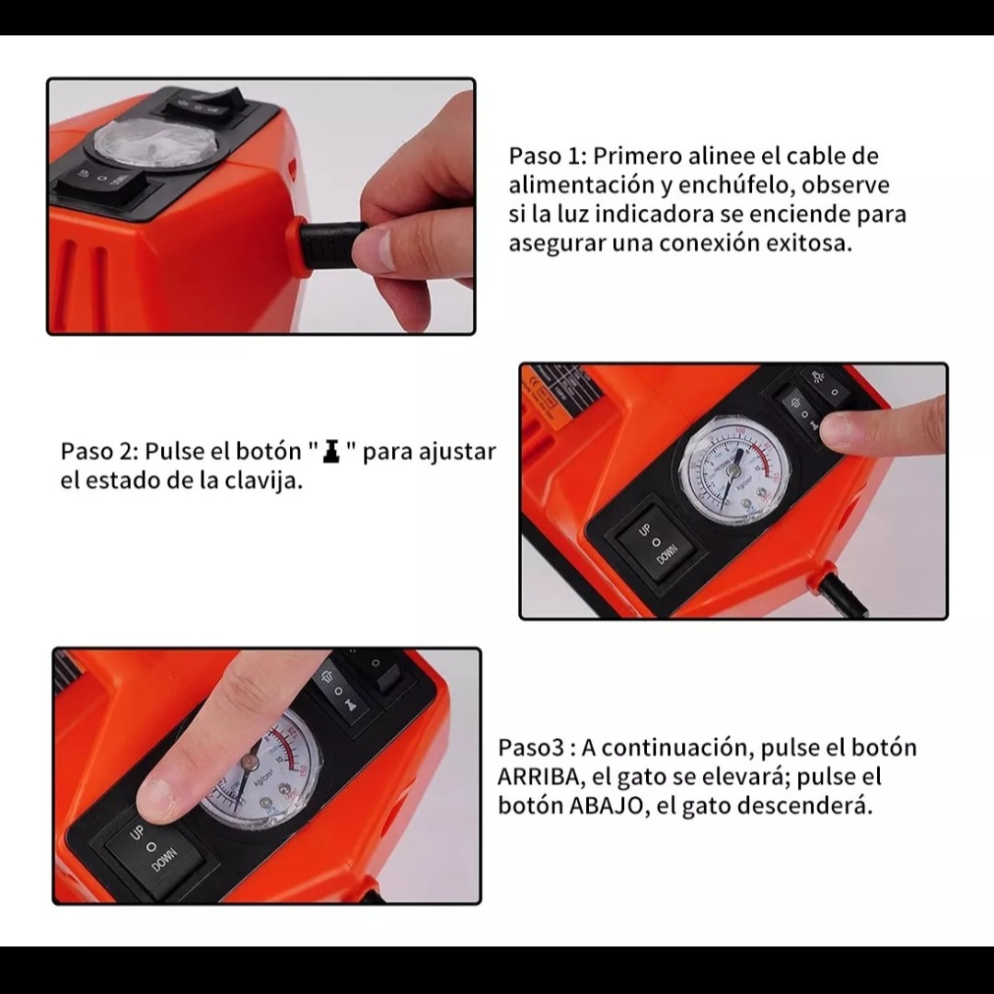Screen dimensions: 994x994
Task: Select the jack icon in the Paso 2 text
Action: (331, 451)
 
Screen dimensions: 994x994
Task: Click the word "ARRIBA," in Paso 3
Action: (538, 777)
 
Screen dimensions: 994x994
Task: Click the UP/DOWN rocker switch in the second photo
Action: (656, 543)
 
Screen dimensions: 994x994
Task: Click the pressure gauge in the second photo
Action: (734, 469)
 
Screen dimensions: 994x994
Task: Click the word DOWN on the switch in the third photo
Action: (164, 860)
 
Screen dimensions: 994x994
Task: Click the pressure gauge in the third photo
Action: (260, 770)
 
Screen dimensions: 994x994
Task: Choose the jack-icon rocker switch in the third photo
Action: (342, 694)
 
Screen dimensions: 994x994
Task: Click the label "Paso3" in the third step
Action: (531, 748)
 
